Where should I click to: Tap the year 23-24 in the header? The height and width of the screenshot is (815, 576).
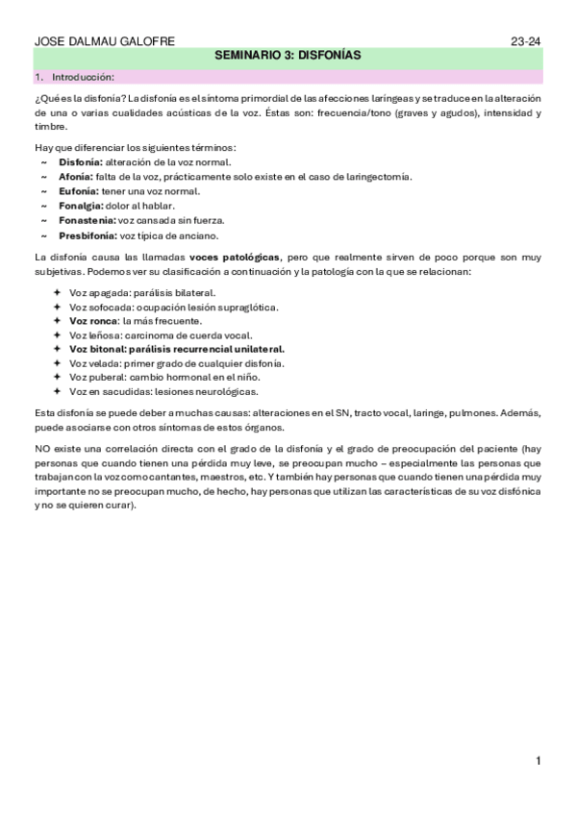click(x=526, y=41)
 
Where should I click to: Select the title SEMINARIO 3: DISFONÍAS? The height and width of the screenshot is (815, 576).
click(x=288, y=57)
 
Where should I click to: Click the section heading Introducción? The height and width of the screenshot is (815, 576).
click(x=83, y=76)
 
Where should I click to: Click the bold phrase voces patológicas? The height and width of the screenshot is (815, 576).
click(x=235, y=258)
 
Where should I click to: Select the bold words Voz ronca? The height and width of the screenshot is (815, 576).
click(x=93, y=321)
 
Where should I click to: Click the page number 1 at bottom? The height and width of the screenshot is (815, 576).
click(x=539, y=761)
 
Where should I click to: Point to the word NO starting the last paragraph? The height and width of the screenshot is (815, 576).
click(x=42, y=449)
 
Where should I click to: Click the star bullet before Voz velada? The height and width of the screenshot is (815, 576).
click(x=58, y=364)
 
